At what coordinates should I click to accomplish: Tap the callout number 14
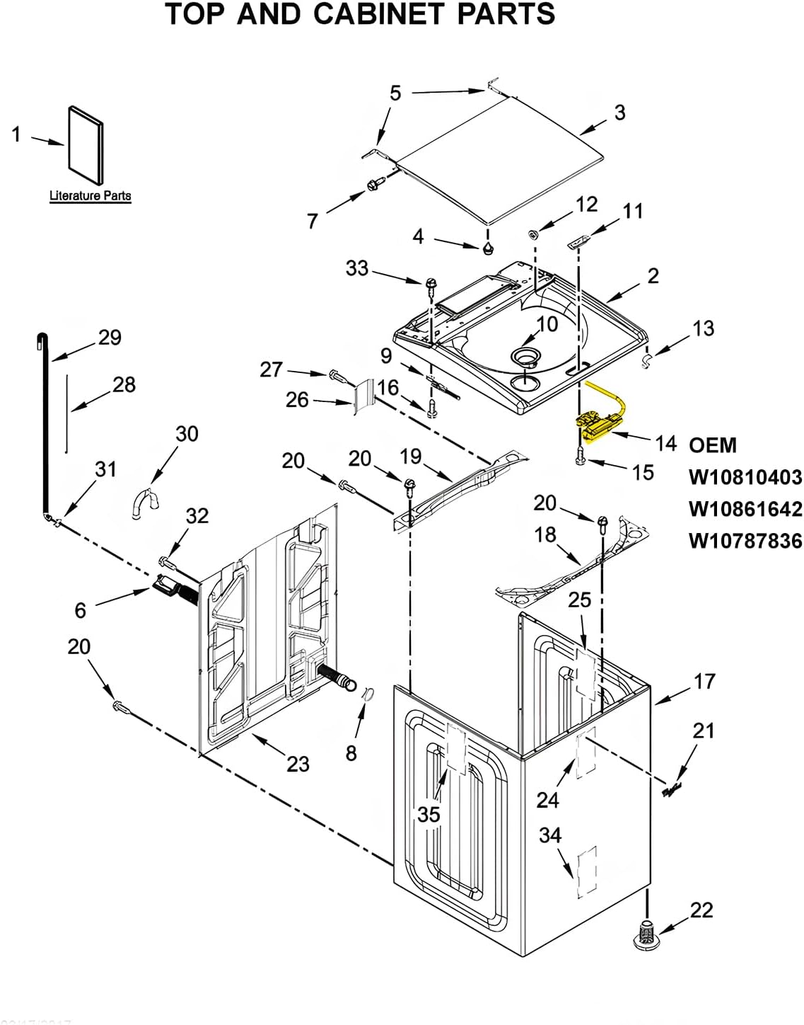(x=665, y=444)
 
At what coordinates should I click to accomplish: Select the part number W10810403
(x=745, y=477)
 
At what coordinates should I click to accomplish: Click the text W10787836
(x=745, y=541)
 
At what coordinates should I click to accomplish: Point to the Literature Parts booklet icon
(x=86, y=147)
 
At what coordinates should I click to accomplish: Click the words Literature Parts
(x=90, y=196)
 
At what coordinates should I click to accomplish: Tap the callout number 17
(x=704, y=681)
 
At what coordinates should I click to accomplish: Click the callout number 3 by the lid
(x=619, y=112)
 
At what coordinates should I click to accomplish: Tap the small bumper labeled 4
(x=487, y=248)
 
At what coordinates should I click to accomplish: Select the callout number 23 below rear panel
(x=298, y=764)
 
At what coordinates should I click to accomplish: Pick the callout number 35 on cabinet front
(x=429, y=815)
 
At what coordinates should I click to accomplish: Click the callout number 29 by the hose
(x=110, y=337)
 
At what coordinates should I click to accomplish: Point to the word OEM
(x=713, y=445)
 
